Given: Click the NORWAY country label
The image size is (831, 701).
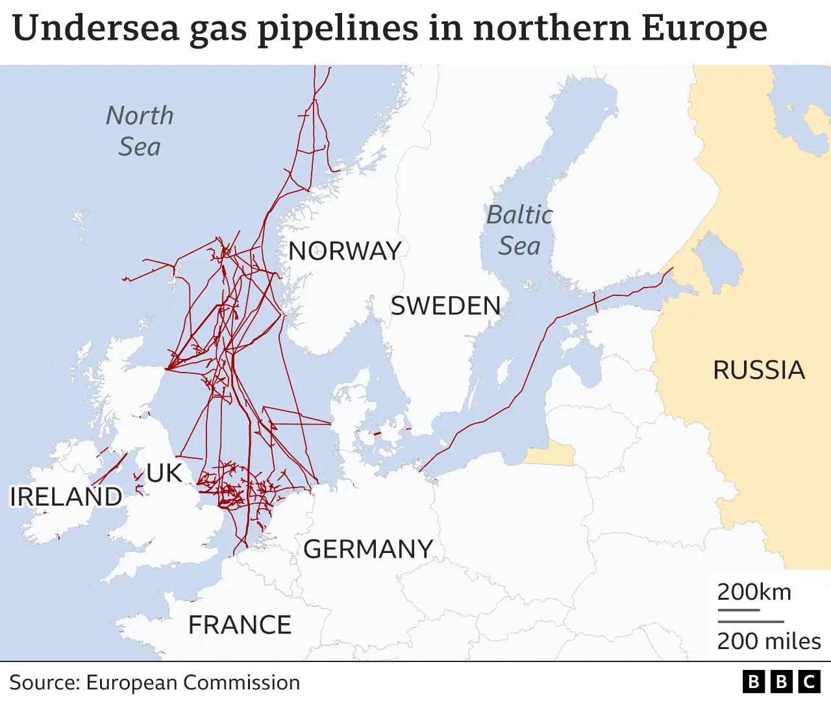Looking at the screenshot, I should tap(345, 251).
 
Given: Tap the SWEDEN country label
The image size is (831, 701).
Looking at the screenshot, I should tap(445, 306).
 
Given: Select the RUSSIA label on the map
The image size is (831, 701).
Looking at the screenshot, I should tap(759, 370).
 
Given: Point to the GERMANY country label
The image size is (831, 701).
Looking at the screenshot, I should tap(368, 549).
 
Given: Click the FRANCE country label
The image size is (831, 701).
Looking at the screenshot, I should tap(240, 625).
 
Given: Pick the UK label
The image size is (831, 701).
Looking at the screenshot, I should tap(164, 473).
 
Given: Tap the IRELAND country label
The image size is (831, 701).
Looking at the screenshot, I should tap(66, 497).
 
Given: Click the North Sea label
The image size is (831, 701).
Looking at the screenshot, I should tap(140, 131).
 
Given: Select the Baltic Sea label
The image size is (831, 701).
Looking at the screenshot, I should tap(519, 230).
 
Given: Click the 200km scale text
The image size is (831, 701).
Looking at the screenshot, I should tap(754, 592).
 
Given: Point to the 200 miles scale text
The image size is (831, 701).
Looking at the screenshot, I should tap(769, 641).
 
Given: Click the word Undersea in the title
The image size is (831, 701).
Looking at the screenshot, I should tap(95, 29).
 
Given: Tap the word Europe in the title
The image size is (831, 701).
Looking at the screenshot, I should tap(704, 29).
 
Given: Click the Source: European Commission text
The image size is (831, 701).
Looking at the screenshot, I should tap(155, 682).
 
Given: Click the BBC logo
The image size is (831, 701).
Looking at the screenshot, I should tap(781, 682).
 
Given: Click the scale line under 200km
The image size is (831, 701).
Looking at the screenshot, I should tap(738, 610).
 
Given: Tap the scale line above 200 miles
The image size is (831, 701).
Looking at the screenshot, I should tap(750, 622).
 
